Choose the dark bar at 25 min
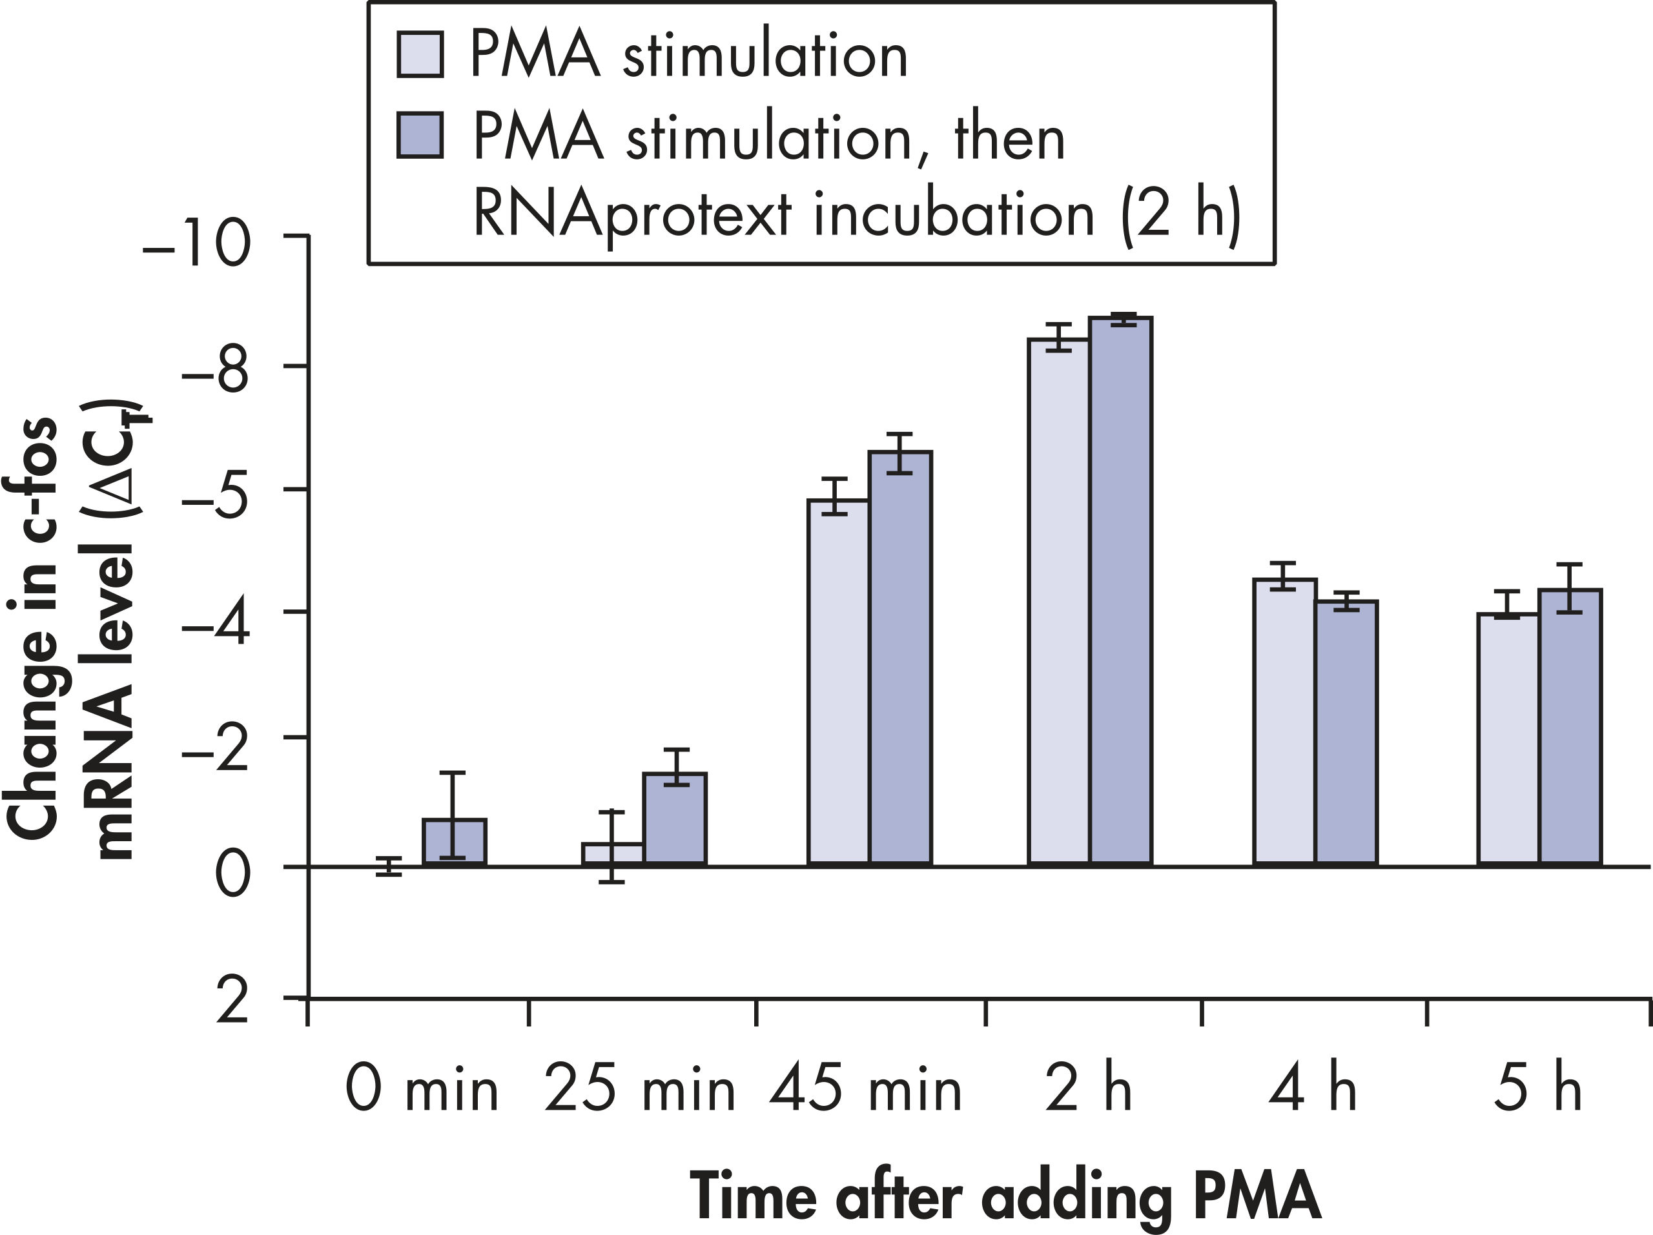click(x=675, y=820)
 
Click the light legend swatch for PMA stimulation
click(x=420, y=54)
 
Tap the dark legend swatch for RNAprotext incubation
click(x=420, y=135)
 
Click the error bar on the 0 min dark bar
click(x=452, y=814)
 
